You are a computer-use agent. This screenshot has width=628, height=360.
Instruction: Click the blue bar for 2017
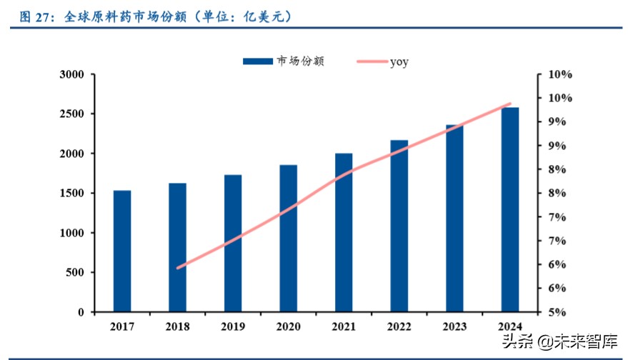click(x=121, y=251)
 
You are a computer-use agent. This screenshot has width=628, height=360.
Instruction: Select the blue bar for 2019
click(x=233, y=243)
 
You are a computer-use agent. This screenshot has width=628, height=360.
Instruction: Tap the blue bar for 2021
click(x=344, y=232)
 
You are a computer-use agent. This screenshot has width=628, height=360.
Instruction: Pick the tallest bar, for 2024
click(x=510, y=209)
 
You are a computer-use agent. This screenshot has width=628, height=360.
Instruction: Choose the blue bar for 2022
click(x=399, y=226)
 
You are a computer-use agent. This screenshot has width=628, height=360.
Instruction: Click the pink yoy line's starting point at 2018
click(x=177, y=268)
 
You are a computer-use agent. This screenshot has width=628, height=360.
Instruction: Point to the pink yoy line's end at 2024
click(x=510, y=104)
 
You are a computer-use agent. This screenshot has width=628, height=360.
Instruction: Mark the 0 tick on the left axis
click(x=81, y=312)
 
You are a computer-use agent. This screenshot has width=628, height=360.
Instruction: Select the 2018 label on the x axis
click(x=177, y=326)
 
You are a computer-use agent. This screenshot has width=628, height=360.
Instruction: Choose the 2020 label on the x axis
click(x=288, y=326)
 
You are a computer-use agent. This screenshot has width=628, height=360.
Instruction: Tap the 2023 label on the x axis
click(x=454, y=326)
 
